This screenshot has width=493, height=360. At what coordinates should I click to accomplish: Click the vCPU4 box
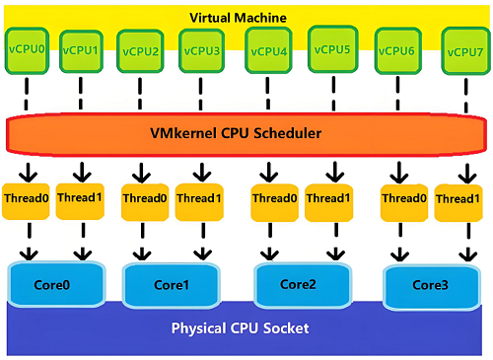click(x=269, y=50)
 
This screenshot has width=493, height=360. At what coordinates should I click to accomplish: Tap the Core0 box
click(x=56, y=285)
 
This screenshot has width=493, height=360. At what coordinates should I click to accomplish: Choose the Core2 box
click(x=299, y=284)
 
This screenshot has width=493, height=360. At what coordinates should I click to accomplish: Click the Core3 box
click(x=430, y=287)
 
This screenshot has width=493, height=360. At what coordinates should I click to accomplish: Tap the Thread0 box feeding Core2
click(x=273, y=198)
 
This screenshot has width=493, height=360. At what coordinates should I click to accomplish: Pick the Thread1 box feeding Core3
click(x=458, y=199)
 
